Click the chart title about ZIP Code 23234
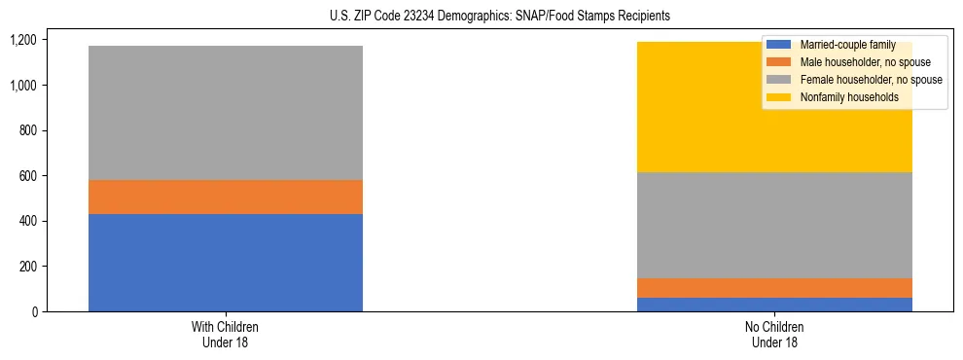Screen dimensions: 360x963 pyautogui.click(x=481, y=17)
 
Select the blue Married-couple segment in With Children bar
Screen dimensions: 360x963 pyautogui.click(x=226, y=263)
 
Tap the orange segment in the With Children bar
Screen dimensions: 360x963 pyautogui.click(x=226, y=197)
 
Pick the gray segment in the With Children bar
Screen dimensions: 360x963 pyautogui.click(x=226, y=113)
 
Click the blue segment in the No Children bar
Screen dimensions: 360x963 pyautogui.click(x=775, y=305)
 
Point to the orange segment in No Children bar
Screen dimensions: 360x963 pyautogui.click(x=775, y=288)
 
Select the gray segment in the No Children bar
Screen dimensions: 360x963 pyautogui.click(x=775, y=225)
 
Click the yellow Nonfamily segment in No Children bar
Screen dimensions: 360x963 pyautogui.click(x=681, y=107)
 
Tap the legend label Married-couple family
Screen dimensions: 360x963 pyautogui.click(x=848, y=45)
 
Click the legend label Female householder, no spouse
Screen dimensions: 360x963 pyautogui.click(x=871, y=80)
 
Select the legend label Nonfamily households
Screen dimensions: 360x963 pyautogui.click(x=848, y=97)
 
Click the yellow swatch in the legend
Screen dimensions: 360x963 pyautogui.click(x=778, y=97)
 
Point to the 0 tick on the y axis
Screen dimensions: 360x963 pyautogui.click(x=33, y=311)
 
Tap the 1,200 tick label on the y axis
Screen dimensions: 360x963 pyautogui.click(x=22, y=40)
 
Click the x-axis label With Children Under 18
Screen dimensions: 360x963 pyautogui.click(x=226, y=334)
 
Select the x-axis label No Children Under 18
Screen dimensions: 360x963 pyautogui.click(x=775, y=334)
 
